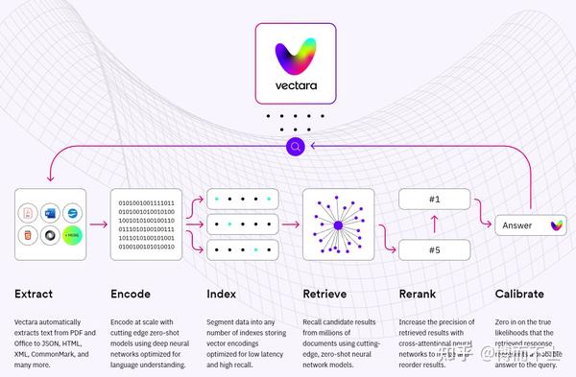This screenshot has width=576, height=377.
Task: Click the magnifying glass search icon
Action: (296, 147)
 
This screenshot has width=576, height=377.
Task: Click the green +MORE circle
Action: (72, 236)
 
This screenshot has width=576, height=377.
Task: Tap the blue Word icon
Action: (50, 209)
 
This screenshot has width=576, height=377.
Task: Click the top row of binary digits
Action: (145, 203)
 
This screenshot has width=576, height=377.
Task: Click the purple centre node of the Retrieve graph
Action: (337, 225)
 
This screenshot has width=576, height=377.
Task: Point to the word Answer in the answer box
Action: (517, 225)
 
